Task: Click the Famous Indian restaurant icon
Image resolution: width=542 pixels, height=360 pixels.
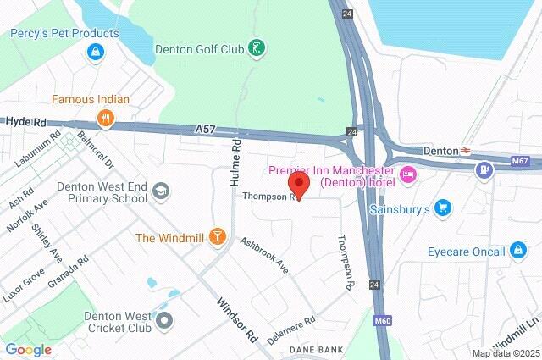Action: click(x=106, y=119)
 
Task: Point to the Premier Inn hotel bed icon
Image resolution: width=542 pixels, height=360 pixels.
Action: click(x=408, y=175)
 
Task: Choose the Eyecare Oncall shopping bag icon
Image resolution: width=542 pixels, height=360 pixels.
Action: click(x=518, y=251)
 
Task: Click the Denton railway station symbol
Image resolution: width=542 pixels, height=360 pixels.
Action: click(x=465, y=150)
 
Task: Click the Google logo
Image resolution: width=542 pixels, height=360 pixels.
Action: click(x=28, y=349)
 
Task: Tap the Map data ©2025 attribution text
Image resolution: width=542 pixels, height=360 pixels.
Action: click(x=506, y=353)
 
